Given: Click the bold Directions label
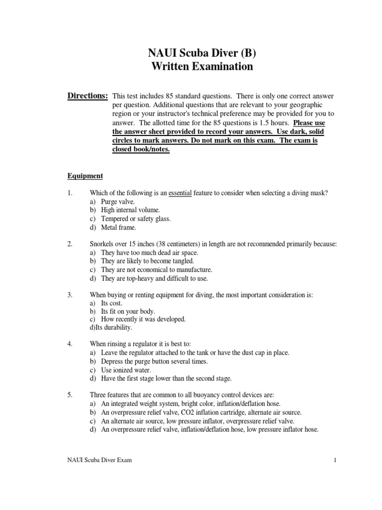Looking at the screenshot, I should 88,96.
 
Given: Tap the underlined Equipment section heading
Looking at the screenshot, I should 85,176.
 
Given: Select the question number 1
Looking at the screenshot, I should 70,193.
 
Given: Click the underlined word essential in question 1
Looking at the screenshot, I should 180,193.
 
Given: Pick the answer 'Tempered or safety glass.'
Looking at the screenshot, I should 135,219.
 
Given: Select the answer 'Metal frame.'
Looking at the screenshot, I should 118,227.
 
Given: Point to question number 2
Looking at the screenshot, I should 70,244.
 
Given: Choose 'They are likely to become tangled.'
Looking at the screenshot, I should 147,261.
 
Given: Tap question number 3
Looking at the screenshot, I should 70,295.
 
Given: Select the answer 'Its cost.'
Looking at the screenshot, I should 111,303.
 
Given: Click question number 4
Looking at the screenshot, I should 70,344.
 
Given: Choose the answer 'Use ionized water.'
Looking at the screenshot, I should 127,370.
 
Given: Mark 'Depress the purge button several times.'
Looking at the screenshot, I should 154,362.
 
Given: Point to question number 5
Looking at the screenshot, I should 70,395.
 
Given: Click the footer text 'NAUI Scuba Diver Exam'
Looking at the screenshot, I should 100,460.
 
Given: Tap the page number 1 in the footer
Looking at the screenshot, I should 336,460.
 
